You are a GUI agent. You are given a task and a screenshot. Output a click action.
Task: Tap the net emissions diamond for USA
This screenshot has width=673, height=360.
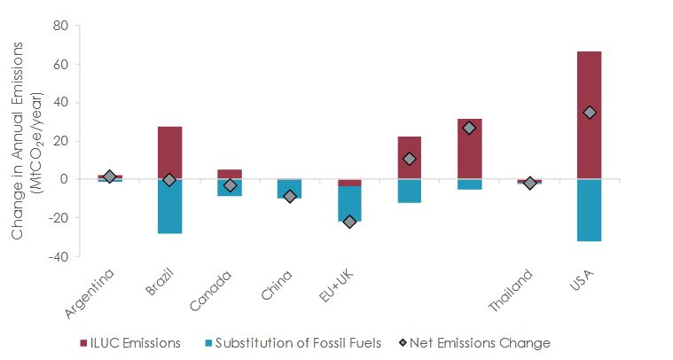pos(590,113)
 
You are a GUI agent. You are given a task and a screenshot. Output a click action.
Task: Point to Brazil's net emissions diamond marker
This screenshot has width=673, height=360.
pos(169,180)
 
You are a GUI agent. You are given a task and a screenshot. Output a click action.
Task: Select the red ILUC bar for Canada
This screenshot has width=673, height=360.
pos(230,174)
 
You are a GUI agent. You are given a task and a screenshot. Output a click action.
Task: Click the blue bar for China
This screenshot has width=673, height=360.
pos(289,189)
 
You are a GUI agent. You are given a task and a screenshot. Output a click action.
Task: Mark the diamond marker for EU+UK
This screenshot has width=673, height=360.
pos(349,222)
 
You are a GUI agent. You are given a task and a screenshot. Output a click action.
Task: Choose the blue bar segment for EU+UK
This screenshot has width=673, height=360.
pos(349,203)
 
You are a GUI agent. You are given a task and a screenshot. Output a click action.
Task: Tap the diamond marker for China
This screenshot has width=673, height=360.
pos(290,196)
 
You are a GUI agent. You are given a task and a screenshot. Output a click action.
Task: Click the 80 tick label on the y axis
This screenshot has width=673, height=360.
pos(59,26)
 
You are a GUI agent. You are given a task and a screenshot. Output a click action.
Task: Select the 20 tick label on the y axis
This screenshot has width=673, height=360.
pos(59,141)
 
